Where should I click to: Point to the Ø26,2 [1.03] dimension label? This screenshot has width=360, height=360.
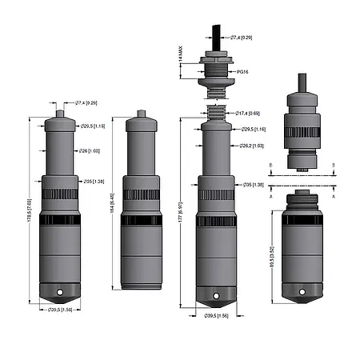(252, 146)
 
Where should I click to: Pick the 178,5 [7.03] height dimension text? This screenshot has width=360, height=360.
(28, 212)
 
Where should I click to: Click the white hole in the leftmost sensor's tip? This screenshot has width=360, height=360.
(58, 291)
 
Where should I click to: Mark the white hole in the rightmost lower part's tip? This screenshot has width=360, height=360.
(302, 294)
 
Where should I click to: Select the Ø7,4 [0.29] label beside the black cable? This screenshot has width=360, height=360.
(242, 38)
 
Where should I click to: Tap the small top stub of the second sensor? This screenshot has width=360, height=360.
(141, 114)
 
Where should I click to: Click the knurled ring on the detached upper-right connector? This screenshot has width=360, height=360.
(303, 133)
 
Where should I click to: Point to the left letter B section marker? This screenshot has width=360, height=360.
(270, 164)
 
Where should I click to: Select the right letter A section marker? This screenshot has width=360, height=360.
(333, 194)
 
